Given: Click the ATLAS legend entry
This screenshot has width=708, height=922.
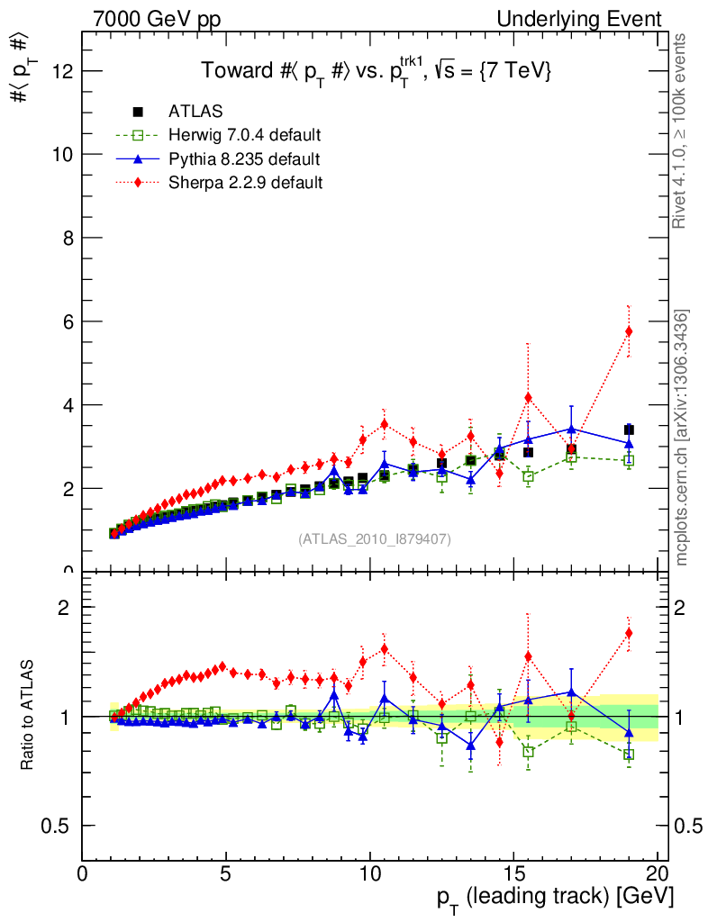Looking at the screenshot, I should click(x=195, y=112).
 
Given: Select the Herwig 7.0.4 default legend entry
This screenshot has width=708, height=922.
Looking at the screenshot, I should click(x=245, y=135).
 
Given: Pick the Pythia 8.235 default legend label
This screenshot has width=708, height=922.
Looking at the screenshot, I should click(x=244, y=159).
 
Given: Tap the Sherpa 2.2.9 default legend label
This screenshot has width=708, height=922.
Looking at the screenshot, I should click(x=245, y=183).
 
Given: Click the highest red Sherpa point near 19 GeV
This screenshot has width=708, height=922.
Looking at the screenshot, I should click(x=629, y=331).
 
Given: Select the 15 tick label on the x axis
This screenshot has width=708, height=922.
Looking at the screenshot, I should click(x=513, y=875).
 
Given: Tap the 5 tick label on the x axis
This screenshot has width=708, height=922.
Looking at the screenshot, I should click(x=226, y=875).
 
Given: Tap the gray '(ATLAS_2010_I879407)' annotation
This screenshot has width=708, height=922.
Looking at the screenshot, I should click(x=375, y=539).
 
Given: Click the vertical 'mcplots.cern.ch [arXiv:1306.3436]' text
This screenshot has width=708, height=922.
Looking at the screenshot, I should click(x=683, y=438).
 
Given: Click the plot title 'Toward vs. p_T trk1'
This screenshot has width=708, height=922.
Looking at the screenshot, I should click(x=375, y=71).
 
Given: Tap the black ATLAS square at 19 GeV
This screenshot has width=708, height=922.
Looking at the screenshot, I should click(x=629, y=430).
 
